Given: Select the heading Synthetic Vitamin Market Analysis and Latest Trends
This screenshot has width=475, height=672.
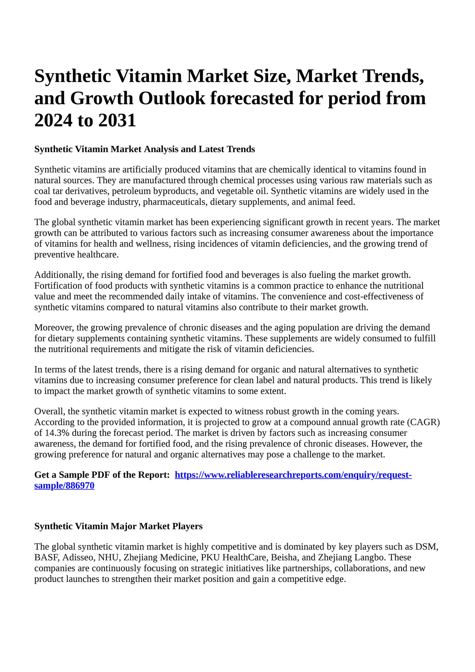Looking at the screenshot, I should click(x=144, y=149).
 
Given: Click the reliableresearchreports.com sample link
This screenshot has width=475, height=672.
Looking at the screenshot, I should click(x=293, y=475).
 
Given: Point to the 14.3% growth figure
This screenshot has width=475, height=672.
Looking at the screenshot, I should click(x=56, y=433).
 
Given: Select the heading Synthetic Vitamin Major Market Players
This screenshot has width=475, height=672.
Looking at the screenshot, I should click(x=118, y=526).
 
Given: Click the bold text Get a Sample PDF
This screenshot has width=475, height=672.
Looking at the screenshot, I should click(x=72, y=475).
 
